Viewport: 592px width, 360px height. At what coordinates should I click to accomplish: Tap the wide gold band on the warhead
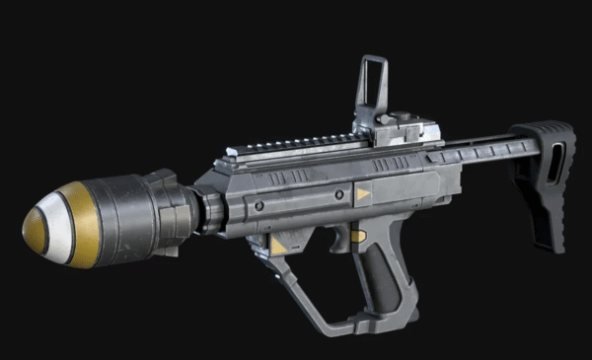83,224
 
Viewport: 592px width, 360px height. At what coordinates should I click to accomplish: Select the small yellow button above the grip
358,236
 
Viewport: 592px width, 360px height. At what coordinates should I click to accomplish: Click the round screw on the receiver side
259,206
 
